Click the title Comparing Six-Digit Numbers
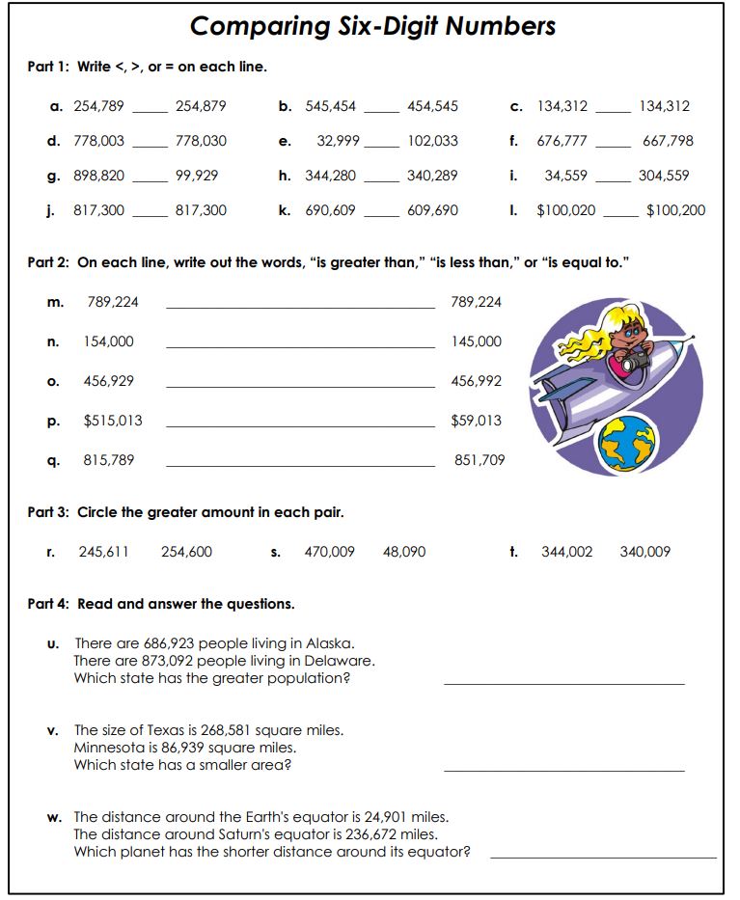click(x=372, y=26)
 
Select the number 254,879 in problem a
click(x=201, y=106)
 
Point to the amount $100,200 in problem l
click(x=675, y=210)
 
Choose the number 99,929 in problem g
click(x=197, y=176)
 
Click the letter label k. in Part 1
click(x=285, y=210)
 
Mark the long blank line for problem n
click(x=300, y=347)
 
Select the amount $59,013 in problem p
click(x=477, y=421)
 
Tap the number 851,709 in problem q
click(x=480, y=460)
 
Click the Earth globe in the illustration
click(x=626, y=444)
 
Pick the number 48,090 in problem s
click(x=404, y=552)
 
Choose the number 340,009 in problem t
click(x=644, y=552)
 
